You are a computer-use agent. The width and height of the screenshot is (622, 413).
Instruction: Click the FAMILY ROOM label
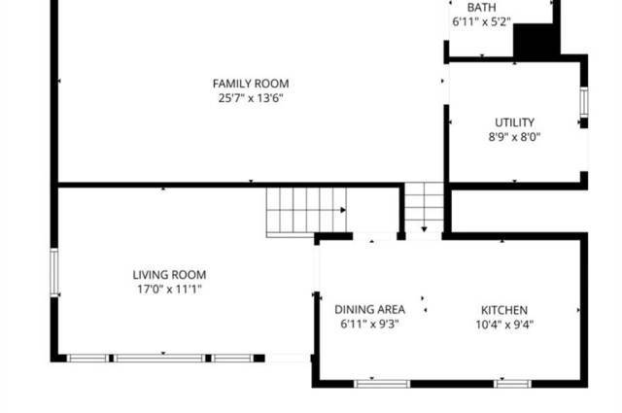(251, 84)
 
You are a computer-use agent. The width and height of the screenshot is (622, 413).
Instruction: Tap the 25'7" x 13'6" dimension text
(251, 98)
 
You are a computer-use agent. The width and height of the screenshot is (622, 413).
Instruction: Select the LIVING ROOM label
(169, 275)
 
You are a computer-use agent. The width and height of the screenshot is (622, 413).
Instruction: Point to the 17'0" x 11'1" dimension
(169, 290)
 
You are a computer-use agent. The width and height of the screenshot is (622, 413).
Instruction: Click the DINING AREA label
(369, 309)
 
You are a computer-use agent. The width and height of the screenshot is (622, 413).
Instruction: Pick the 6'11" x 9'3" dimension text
(369, 325)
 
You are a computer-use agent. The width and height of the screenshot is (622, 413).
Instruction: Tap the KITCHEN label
(504, 310)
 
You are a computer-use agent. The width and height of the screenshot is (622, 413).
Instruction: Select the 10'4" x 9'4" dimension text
(504, 325)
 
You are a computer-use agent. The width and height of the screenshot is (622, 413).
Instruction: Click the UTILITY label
(514, 122)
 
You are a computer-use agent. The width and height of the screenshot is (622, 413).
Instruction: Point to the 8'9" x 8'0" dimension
(514, 137)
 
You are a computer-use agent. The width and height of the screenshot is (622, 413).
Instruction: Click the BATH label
(482, 8)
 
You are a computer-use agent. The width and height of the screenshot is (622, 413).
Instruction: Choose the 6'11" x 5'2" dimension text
(482, 21)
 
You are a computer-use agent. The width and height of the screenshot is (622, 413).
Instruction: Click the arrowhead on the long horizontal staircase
(343, 210)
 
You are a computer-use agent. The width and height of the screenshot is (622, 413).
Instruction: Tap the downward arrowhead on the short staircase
(424, 229)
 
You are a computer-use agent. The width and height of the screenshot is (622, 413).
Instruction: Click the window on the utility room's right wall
(584, 102)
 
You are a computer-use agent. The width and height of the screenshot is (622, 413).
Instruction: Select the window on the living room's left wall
(54, 272)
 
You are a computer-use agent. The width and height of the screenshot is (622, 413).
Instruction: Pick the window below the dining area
(382, 384)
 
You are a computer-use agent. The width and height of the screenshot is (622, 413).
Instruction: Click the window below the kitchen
(512, 384)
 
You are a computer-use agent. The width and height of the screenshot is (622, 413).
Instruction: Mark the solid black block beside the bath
(536, 40)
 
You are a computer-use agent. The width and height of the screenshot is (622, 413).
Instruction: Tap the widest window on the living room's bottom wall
(159, 359)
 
